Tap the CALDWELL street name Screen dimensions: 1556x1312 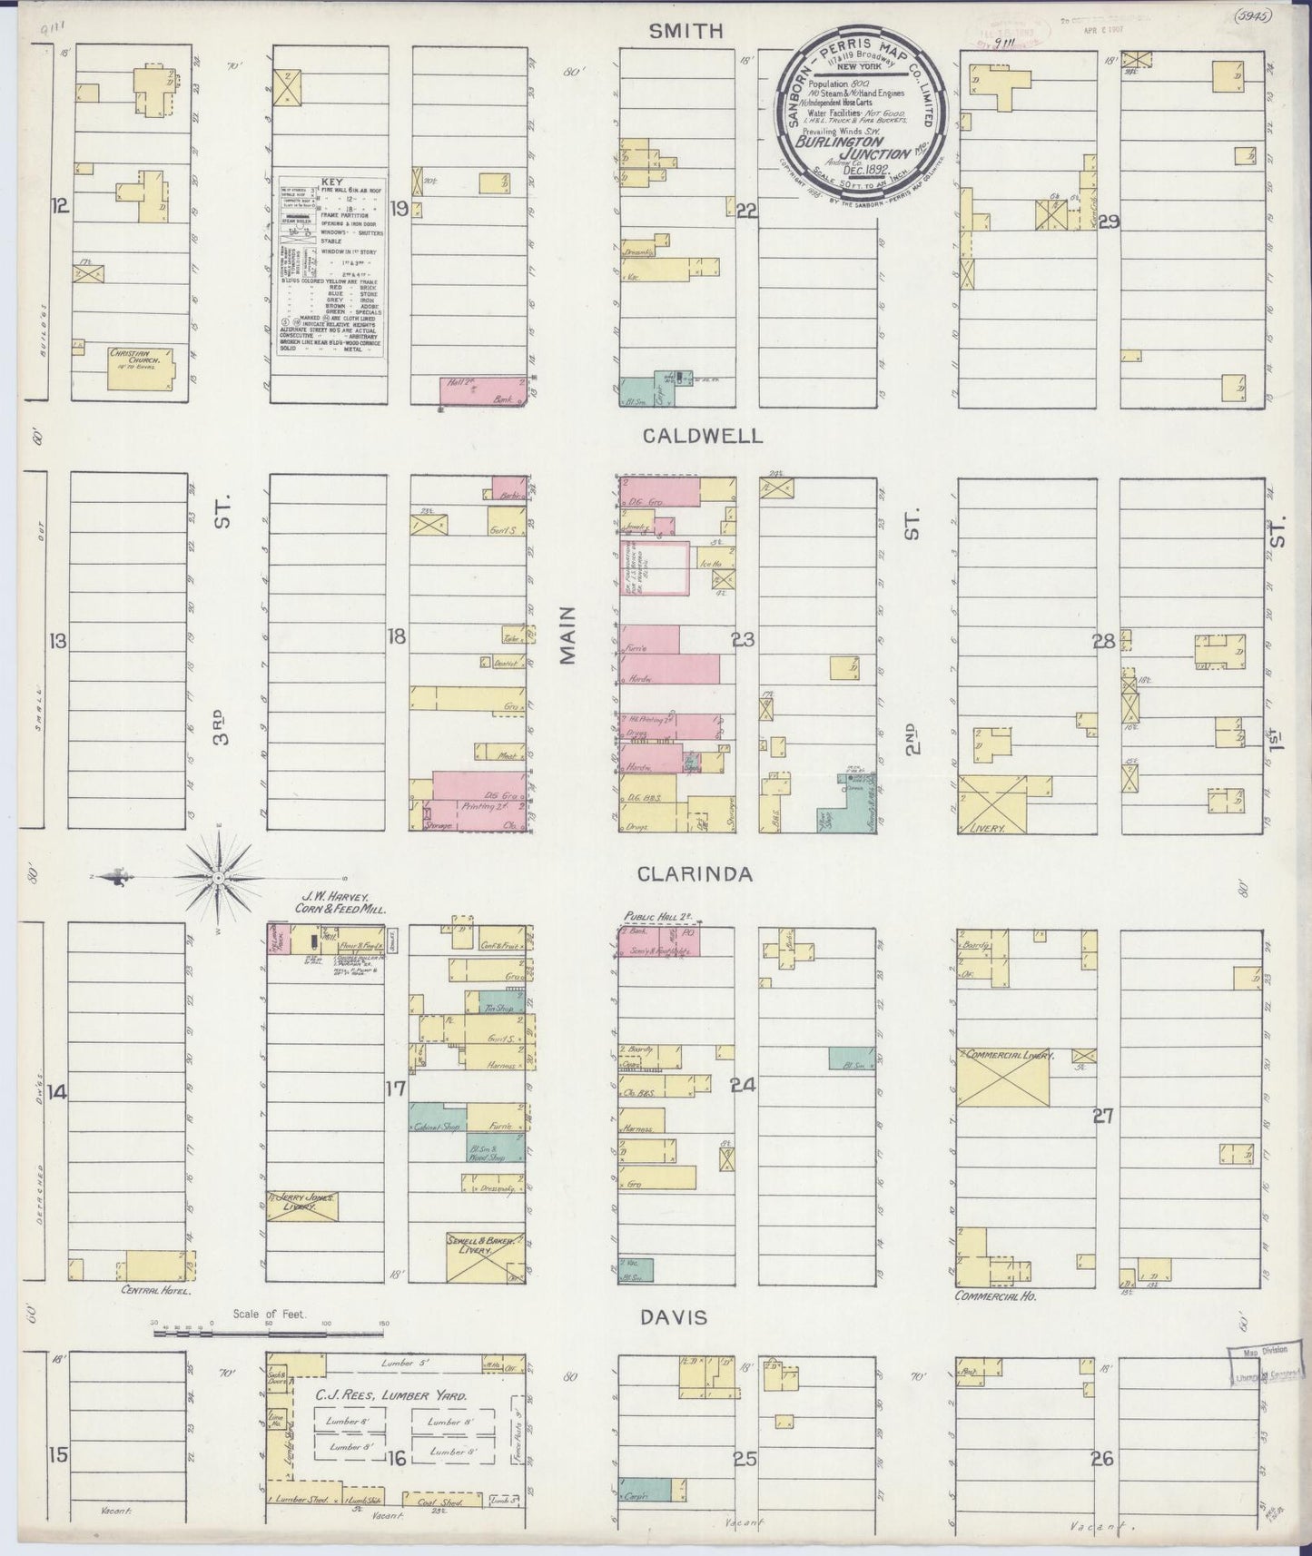tap(702, 437)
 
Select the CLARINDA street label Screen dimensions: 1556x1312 tap(695, 874)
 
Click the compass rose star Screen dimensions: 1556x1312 tap(219, 878)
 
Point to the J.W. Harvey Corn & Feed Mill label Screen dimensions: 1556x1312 tap(339, 902)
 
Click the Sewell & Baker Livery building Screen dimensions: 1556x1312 tap(486, 1256)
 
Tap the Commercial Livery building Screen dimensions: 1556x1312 tap(1003, 1077)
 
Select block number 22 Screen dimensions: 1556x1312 tap(747, 212)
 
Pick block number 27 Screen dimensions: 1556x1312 tap(1103, 1117)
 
